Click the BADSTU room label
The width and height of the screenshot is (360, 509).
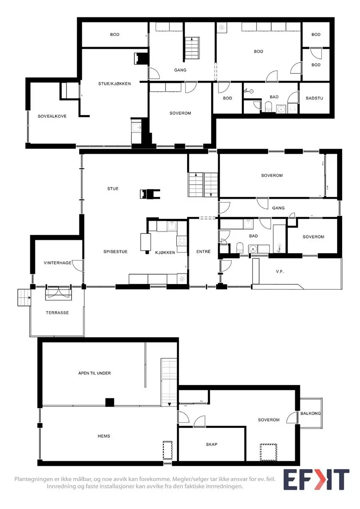(314, 98)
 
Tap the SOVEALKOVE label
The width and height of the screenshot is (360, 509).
(52, 116)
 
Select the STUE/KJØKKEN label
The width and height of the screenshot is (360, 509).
(114, 84)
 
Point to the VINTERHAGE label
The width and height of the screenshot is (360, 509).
(58, 263)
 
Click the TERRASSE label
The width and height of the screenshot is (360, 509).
(57, 313)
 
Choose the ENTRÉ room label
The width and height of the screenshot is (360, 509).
(203, 252)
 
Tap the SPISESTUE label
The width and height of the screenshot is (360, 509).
(116, 252)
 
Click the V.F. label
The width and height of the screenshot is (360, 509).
(280, 271)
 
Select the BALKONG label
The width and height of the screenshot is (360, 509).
(310, 414)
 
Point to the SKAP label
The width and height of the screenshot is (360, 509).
(212, 445)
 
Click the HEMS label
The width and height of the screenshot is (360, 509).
(104, 436)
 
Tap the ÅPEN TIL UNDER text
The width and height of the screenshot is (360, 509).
(94, 373)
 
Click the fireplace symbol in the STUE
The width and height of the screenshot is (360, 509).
(150, 194)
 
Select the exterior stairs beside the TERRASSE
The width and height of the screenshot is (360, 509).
(24, 298)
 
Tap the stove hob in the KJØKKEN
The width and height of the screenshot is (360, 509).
(182, 241)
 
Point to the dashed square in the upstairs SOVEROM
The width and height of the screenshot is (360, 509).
(269, 452)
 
